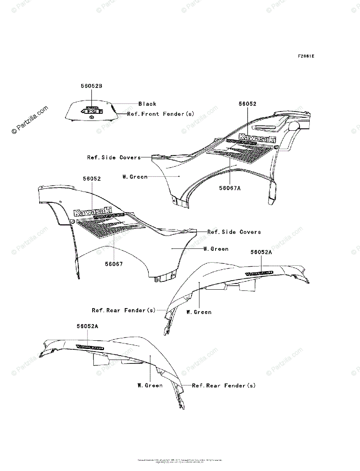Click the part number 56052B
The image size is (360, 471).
[92, 86]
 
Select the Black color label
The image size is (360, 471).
[147, 104]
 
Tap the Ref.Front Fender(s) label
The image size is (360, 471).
[161, 114]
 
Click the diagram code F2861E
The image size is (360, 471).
[306, 56]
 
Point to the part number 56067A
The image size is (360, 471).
[230, 188]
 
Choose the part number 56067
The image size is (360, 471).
[113, 264]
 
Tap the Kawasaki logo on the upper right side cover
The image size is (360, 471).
[257, 137]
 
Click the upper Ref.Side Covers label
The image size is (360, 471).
[114, 157]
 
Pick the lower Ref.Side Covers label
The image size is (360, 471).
[234, 232]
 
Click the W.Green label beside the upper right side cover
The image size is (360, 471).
[135, 177]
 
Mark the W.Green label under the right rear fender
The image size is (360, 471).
[199, 312]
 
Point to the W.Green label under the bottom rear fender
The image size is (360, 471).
[150, 385]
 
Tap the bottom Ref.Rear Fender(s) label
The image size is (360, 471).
[224, 385]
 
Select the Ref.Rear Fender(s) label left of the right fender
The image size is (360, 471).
[124, 310]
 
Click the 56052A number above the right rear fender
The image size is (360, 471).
[261, 252]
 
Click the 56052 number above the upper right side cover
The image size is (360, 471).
[248, 104]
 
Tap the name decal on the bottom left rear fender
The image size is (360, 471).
[90, 347]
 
